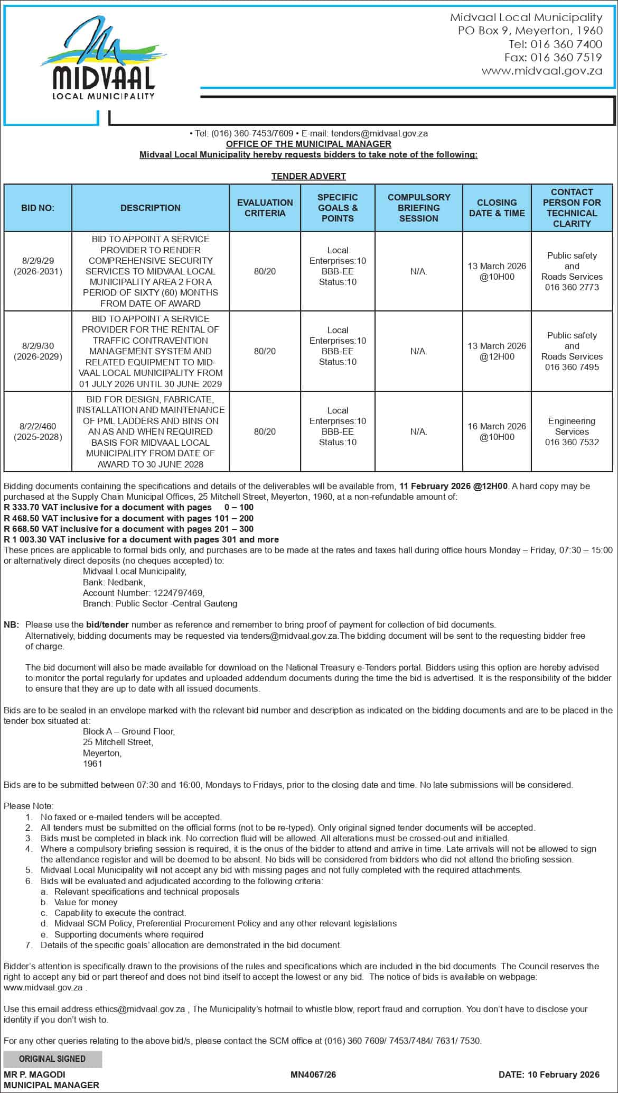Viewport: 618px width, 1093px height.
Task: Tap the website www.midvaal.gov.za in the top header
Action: pos(541,71)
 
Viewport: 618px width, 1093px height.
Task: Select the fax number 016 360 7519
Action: pos(566,58)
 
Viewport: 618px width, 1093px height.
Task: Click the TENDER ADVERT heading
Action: pos(308,176)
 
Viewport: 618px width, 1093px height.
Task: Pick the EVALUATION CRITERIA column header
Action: pos(265,208)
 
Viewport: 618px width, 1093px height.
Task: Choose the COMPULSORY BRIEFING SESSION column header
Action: pos(418,208)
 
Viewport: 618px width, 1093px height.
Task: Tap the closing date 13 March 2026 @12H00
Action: pos(497,351)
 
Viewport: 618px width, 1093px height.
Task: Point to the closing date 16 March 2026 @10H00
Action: pos(497,431)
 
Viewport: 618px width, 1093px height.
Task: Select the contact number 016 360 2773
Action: pos(572,287)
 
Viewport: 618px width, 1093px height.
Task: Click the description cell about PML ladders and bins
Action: pos(151,431)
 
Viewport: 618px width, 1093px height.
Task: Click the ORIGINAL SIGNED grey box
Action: pos(52,1059)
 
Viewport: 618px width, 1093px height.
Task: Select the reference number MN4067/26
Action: pos(313,1074)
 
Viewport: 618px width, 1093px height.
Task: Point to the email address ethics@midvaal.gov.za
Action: pos(140,1009)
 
